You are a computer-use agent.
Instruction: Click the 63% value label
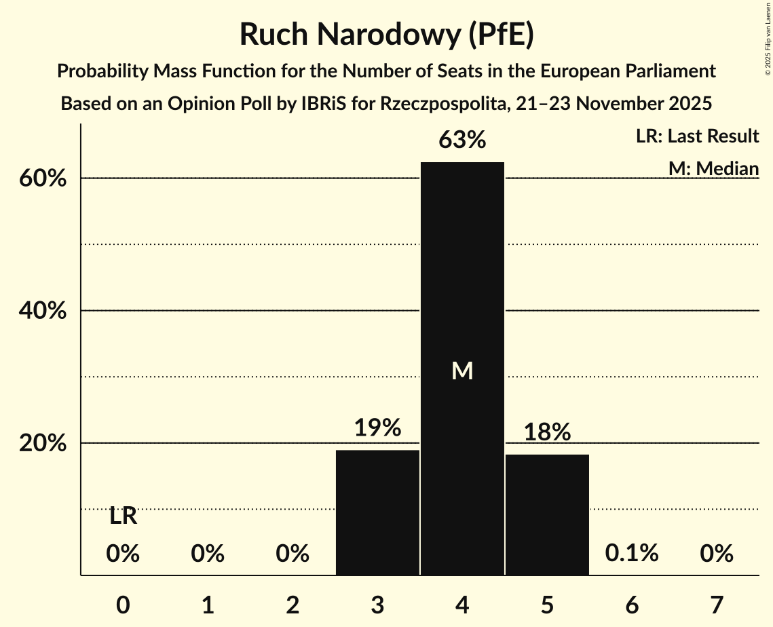click(x=462, y=140)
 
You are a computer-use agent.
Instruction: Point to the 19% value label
click(x=377, y=428)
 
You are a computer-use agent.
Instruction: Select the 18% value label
click(x=547, y=432)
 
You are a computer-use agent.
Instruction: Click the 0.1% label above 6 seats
click(x=632, y=553)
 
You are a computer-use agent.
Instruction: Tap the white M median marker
click(x=462, y=370)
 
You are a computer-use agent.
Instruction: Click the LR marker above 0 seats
click(x=123, y=517)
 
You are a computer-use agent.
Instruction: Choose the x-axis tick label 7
click(x=717, y=604)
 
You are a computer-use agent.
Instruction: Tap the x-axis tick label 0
click(x=123, y=604)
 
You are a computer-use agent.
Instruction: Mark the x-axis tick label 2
click(x=293, y=604)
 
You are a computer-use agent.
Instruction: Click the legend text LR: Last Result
click(x=697, y=136)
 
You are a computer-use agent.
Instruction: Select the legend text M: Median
click(x=713, y=168)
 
